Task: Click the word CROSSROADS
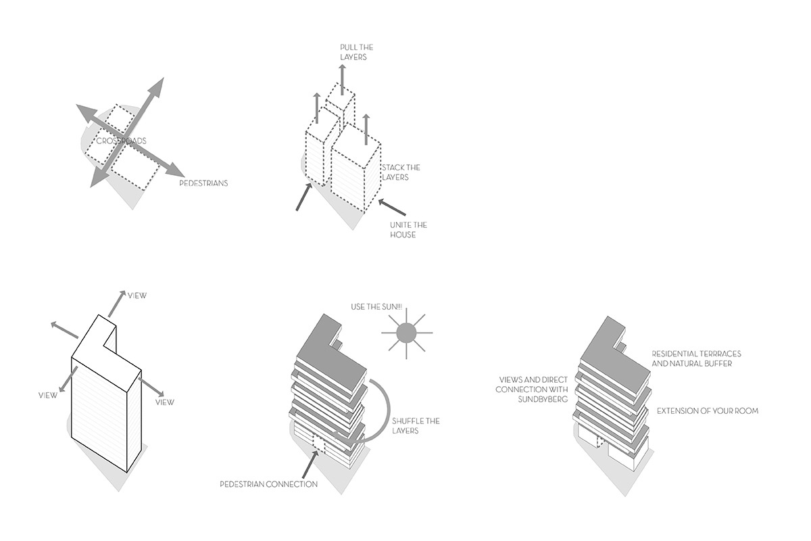pyautogui.click(x=121, y=141)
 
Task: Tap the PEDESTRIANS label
pyautogui.click(x=203, y=183)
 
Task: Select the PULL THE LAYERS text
pyautogui.click(x=355, y=53)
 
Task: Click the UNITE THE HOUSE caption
pyautogui.click(x=408, y=229)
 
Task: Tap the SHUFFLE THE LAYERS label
pyautogui.click(x=416, y=426)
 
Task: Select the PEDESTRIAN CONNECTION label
pyautogui.click(x=268, y=484)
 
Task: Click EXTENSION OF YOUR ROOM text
pyautogui.click(x=708, y=411)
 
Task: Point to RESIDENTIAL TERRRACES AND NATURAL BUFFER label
pyautogui.click(x=696, y=358)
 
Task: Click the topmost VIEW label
pyautogui.click(x=137, y=296)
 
